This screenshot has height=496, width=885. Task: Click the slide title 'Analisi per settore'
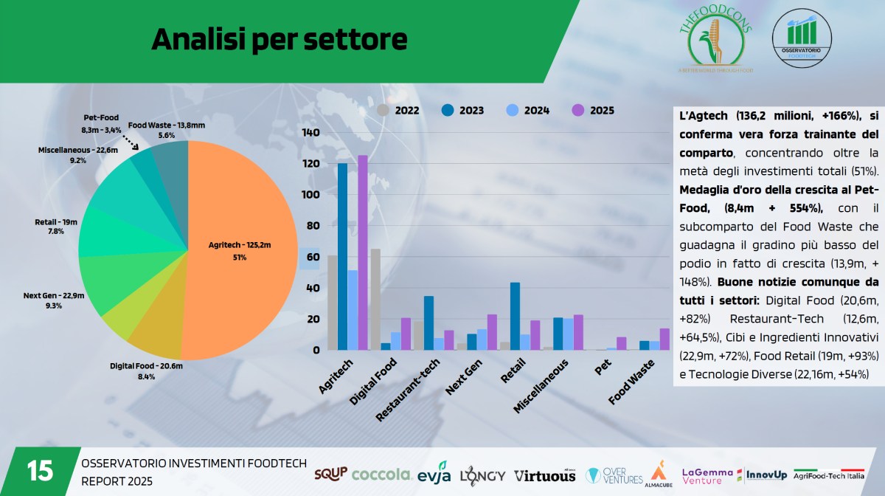click(279, 39)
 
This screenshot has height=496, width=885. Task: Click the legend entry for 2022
click(399, 111)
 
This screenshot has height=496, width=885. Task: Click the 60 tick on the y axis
click(313, 258)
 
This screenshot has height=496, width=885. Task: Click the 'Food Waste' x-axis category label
click(631, 382)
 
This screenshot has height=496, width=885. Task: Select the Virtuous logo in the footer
click(544, 475)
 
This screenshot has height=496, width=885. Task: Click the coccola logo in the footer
click(381, 474)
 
